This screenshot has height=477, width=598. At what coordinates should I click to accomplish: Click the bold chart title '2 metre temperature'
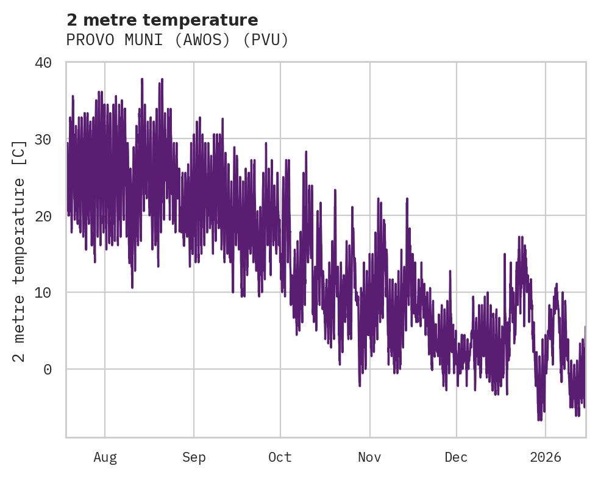point(162,20)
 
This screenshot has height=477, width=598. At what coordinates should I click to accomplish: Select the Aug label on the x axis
point(105,457)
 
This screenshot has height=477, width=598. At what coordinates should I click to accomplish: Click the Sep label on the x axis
point(194,457)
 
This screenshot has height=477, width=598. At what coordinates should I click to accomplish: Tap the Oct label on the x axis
point(280,457)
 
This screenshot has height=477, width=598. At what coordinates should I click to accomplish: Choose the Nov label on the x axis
point(369,457)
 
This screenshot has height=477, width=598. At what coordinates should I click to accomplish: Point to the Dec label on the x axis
point(456,457)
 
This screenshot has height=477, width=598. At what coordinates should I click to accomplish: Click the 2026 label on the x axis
point(546,457)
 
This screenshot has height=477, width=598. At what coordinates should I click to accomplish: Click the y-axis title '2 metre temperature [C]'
point(20,251)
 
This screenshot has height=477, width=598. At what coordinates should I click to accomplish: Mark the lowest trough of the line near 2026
point(539,420)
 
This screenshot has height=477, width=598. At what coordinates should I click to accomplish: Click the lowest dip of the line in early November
point(360,386)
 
